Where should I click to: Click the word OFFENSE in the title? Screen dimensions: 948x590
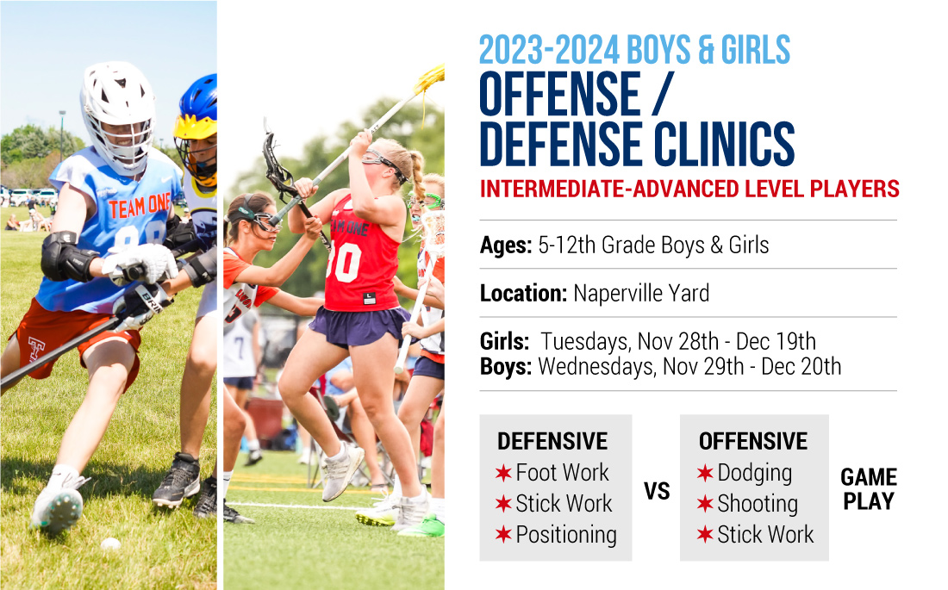click(560, 94)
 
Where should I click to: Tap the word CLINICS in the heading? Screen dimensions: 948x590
click(724, 144)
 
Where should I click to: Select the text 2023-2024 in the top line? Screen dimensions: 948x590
click(550, 50)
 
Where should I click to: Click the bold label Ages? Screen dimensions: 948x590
click(505, 245)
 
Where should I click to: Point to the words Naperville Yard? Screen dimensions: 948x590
click(641, 293)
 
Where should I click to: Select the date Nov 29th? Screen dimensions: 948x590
click(703, 366)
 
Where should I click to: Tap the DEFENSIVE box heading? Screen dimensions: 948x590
click(552, 441)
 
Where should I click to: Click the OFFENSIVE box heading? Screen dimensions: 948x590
click(752, 441)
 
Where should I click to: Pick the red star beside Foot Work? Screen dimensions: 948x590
click(503, 474)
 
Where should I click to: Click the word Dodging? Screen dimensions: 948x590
click(755, 474)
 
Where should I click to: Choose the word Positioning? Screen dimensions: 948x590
click(566, 535)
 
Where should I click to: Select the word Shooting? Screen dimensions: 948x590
click(758, 504)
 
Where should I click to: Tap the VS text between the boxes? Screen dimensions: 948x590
click(657, 491)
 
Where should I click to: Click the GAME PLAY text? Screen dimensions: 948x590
click(869, 489)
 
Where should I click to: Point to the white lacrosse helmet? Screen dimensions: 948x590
click(119, 115)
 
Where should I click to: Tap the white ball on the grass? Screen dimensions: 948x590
click(110, 543)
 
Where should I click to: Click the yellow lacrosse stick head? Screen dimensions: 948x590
click(430, 78)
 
